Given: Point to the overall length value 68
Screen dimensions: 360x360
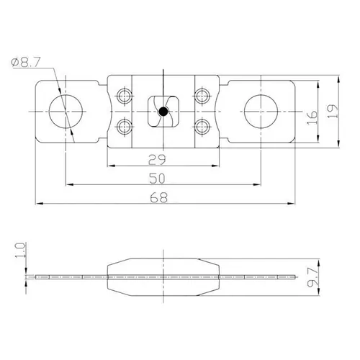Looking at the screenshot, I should [165, 200].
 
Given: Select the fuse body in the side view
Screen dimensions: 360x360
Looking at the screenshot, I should [163, 276].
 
